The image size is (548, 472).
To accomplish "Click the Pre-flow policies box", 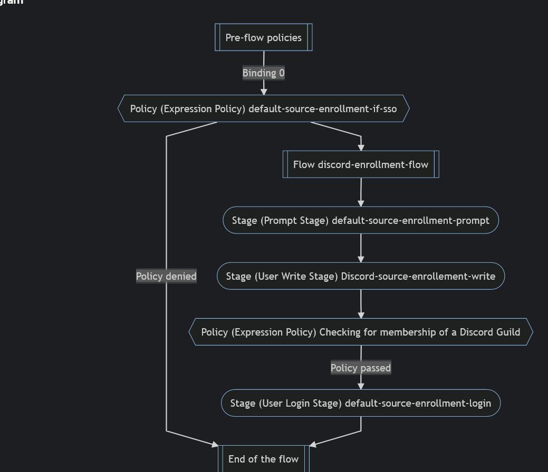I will [263, 37].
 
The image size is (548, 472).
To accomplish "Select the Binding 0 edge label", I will [263, 73].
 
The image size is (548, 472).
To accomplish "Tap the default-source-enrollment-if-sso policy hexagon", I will [263, 109].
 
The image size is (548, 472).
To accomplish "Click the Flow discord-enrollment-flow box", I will [361, 164].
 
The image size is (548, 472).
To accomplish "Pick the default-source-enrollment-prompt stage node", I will [361, 220].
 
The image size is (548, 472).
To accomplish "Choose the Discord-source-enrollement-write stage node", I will [361, 276].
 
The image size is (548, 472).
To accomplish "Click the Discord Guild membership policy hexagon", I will [361, 332].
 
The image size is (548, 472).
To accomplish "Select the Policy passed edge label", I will [361, 368].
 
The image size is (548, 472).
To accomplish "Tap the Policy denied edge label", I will [166, 276].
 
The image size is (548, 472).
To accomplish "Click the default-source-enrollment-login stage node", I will [361, 403].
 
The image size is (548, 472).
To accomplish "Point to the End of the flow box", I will [263, 459].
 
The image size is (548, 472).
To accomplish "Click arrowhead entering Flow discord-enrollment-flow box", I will [361, 147].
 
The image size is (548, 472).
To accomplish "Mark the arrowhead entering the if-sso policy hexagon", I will [264, 92].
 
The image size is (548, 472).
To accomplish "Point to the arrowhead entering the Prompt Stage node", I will [361, 203].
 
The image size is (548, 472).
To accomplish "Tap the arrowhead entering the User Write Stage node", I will [361, 259].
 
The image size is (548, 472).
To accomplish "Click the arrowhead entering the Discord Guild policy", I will [361, 315].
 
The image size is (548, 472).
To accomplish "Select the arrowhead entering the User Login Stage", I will [361, 386].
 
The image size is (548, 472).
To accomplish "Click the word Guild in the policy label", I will [507, 332].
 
